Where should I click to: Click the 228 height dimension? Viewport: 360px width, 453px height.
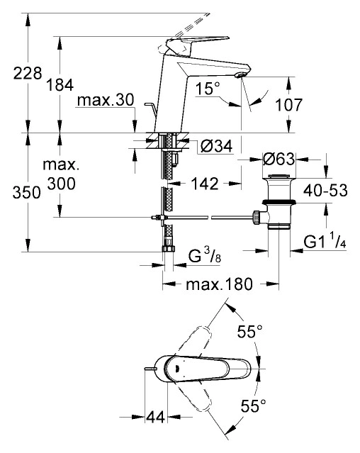pyautogui.click(x=28, y=74)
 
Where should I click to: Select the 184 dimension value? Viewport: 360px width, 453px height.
pyautogui.click(x=60, y=85)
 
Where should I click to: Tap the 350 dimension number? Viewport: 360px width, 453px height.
pyautogui.click(x=26, y=192)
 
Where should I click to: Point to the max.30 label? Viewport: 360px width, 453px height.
pyautogui.click(x=106, y=100)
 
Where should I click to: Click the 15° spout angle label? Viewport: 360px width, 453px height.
pyautogui.click(x=208, y=88)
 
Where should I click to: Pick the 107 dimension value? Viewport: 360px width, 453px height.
pyautogui.click(x=288, y=105)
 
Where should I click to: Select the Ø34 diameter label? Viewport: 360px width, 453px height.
pyautogui.click(x=217, y=147)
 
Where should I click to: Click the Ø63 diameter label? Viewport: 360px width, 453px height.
pyautogui.click(x=279, y=159)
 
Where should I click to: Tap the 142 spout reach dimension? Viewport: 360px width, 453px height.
pyautogui.click(x=205, y=184)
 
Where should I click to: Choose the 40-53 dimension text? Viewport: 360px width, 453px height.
pyautogui.click(x=325, y=191)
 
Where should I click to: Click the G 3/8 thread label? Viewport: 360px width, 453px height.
pyautogui.click(x=205, y=256)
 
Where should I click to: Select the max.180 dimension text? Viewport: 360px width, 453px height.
pyautogui.click(x=220, y=284)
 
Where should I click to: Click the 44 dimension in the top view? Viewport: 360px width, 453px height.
pyautogui.click(x=156, y=417)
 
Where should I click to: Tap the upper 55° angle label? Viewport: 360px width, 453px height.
pyautogui.click(x=250, y=331)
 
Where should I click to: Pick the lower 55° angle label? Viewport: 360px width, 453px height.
pyautogui.click(x=254, y=406)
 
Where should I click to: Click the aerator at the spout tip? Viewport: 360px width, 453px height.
pyautogui.click(x=240, y=75)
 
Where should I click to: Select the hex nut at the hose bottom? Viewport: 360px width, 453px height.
pyautogui.click(x=168, y=248)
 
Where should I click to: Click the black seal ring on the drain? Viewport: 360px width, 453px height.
pyautogui.click(x=279, y=202)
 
